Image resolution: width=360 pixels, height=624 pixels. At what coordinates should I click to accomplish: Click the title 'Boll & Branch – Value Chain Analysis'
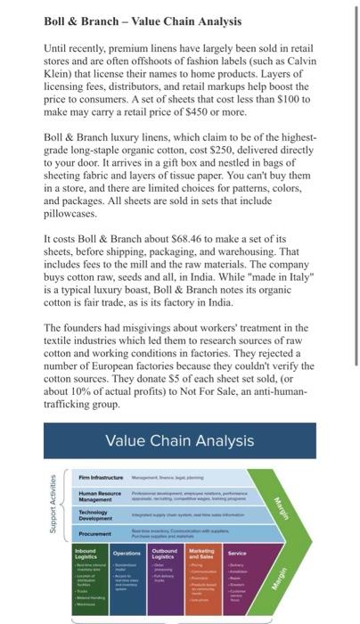click(x=132, y=20)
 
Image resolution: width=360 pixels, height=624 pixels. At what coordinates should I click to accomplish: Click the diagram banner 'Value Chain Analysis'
click(x=179, y=440)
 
